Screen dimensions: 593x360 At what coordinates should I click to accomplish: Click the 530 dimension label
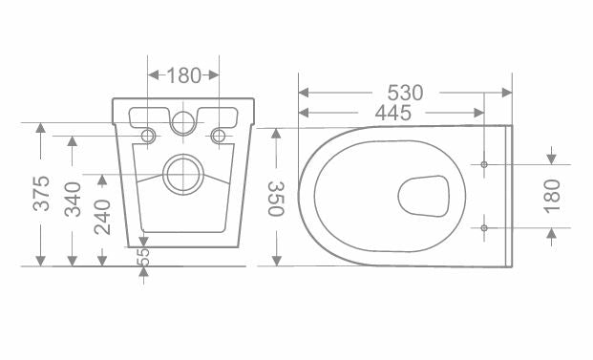click(x=405, y=93)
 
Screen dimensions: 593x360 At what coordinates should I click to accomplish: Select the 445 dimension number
click(x=392, y=113)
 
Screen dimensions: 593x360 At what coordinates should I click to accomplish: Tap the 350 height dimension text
click(x=276, y=199)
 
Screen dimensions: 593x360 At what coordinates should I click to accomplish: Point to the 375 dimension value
click(x=41, y=193)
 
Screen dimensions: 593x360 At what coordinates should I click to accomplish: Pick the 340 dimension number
click(x=73, y=200)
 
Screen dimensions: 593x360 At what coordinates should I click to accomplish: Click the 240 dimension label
click(x=102, y=217)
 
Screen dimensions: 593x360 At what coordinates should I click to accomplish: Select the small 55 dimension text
click(x=143, y=257)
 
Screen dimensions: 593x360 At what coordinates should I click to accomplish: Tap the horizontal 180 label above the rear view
click(x=183, y=75)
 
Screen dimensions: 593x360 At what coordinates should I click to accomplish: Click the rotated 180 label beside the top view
click(x=552, y=197)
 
